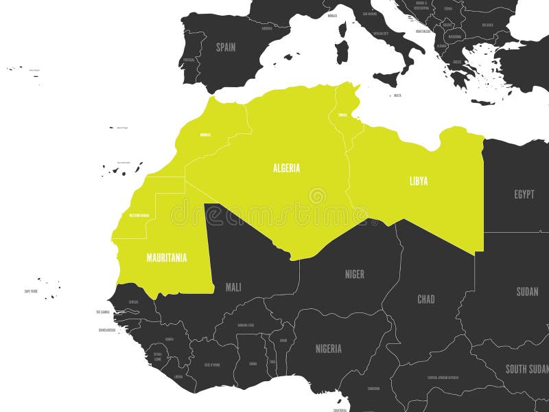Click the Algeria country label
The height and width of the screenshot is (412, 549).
(x=286, y=168)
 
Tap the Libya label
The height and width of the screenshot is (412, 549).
(x=419, y=181)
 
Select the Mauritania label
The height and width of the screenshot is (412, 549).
(x=166, y=258)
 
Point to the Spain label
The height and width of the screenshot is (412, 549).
(x=226, y=47)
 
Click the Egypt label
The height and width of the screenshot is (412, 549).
(x=524, y=194)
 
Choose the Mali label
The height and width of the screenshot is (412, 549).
(x=233, y=287)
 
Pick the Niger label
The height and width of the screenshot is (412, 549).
(x=354, y=274)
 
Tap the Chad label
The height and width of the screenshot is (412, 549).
(x=426, y=299)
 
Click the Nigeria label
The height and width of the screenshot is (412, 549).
(x=328, y=348)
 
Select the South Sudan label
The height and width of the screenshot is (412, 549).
(x=526, y=369)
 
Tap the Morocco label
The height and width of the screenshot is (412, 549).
(x=205, y=135)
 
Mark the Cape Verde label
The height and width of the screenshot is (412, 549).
(x=31, y=291)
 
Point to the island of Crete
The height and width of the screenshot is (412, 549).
(x=483, y=102)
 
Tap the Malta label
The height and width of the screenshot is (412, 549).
(x=397, y=95)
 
